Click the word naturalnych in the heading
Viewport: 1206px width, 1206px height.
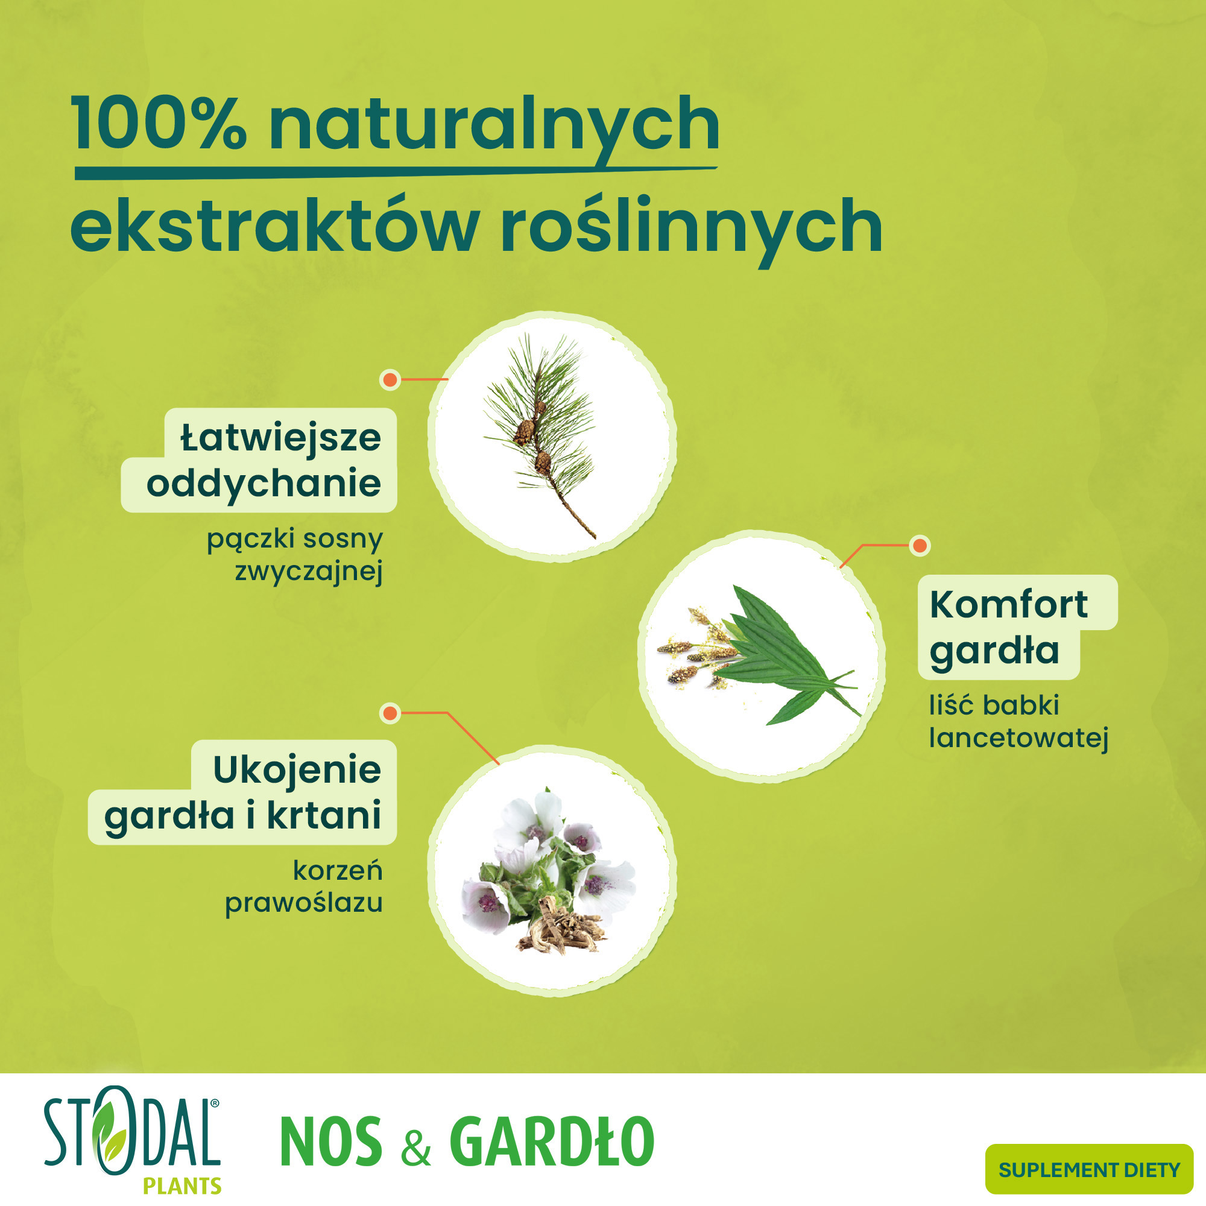pos(493,125)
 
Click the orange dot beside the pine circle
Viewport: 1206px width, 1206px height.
pos(390,379)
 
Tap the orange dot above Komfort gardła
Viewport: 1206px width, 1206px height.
pos(919,546)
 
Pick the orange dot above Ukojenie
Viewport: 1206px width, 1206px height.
pos(390,713)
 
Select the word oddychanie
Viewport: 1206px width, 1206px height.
pos(264,484)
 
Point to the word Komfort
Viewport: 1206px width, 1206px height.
pos(1009,604)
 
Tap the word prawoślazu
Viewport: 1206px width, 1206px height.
pos(303,903)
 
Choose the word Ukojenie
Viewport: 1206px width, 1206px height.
pos(297,769)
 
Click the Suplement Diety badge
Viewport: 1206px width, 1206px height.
pos(1088,1169)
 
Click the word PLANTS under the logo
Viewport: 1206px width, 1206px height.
pos(182,1185)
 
